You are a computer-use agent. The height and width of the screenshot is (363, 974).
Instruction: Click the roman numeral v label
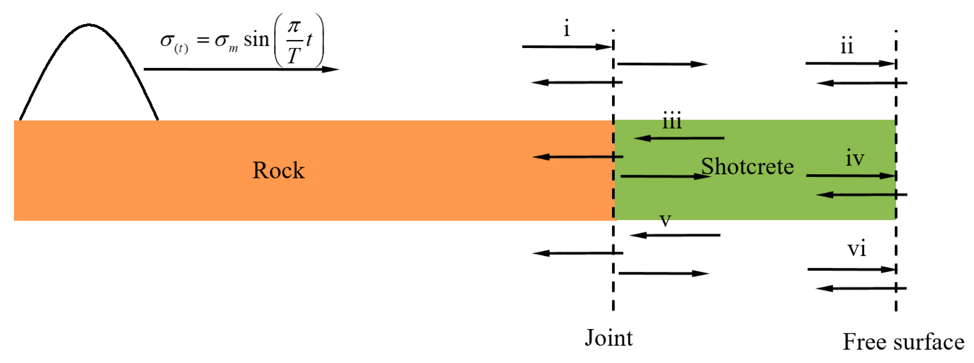pos(665,220)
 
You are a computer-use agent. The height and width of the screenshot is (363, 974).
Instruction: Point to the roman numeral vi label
pos(857,249)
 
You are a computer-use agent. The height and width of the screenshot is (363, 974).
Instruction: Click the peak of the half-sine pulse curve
pos(89,25)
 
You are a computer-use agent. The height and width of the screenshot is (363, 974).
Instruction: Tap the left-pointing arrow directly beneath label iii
pos(679,138)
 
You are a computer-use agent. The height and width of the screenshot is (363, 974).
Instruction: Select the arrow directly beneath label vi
pos(852,269)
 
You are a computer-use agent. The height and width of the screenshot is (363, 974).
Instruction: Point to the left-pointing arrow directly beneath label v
pos(675,235)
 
